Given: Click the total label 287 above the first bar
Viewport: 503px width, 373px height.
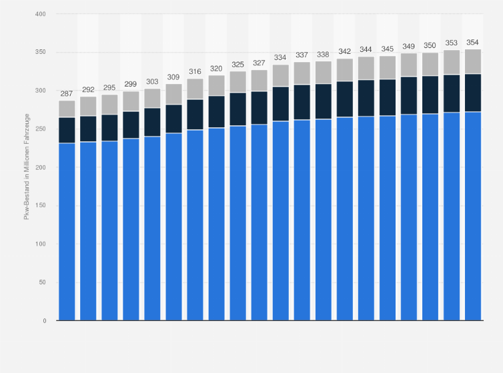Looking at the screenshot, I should tap(67, 94).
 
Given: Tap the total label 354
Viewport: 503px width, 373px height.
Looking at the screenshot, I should tap(473, 43).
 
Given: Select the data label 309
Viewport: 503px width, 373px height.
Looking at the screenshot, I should tap(173, 77).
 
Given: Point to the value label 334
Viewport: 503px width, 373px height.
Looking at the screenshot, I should tap(280, 58).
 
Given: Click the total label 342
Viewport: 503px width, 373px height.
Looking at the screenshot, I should tap(344, 52).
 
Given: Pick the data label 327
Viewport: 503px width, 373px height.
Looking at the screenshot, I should tap(259, 63).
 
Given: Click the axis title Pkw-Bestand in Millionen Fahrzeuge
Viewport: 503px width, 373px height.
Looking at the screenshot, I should tap(27, 167).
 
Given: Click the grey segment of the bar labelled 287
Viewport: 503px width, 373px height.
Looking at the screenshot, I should tap(67, 109).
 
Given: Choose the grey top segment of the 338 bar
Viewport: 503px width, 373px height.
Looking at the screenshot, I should tap(323, 73).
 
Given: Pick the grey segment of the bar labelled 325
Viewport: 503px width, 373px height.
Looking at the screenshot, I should tap(237, 82).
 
